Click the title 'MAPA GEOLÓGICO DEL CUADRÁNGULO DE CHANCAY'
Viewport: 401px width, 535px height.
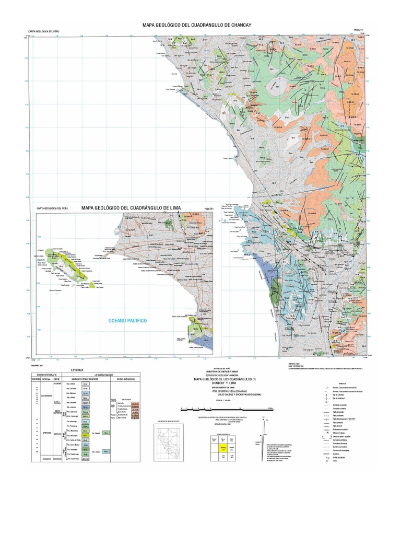pos(200,25)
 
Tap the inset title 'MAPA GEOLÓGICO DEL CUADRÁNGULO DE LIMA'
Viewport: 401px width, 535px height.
pos(131,208)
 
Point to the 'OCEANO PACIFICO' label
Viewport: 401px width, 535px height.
pos(127,320)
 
